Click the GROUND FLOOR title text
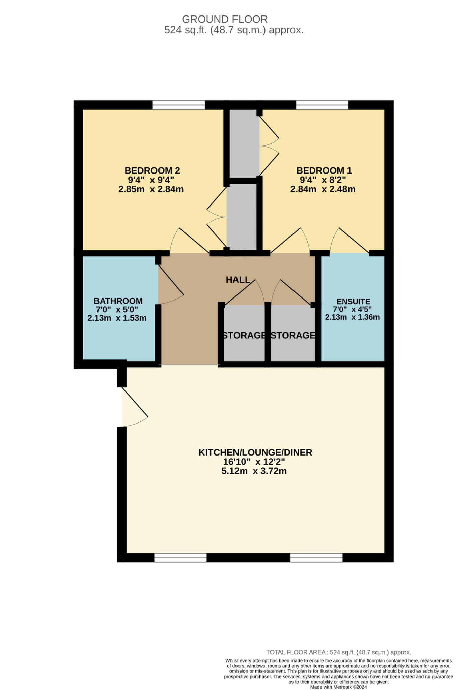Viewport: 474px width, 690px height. click(224, 19)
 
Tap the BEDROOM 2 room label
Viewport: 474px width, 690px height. click(152, 170)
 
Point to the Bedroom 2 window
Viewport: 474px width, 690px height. click(178, 105)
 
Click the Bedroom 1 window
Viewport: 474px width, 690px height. click(322, 105)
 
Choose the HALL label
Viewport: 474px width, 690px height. click(238, 280)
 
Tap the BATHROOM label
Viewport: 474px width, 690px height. click(118, 301)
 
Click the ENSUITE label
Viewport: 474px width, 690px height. click(353, 302)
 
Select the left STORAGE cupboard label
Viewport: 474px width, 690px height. click(244, 335)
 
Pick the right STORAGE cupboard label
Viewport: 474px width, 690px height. click(293, 335)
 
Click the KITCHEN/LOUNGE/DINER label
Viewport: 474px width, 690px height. click(255, 452)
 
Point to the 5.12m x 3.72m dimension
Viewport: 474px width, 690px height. click(254, 471)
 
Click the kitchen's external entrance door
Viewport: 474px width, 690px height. click(133, 408)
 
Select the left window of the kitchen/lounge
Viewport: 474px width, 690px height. click(180, 558)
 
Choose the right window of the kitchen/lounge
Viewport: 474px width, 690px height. click(316, 558)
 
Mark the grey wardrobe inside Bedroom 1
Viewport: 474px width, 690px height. click(244, 143)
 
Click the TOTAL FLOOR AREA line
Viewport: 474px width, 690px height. click(338, 652)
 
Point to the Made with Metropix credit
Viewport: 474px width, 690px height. click(338, 687)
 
